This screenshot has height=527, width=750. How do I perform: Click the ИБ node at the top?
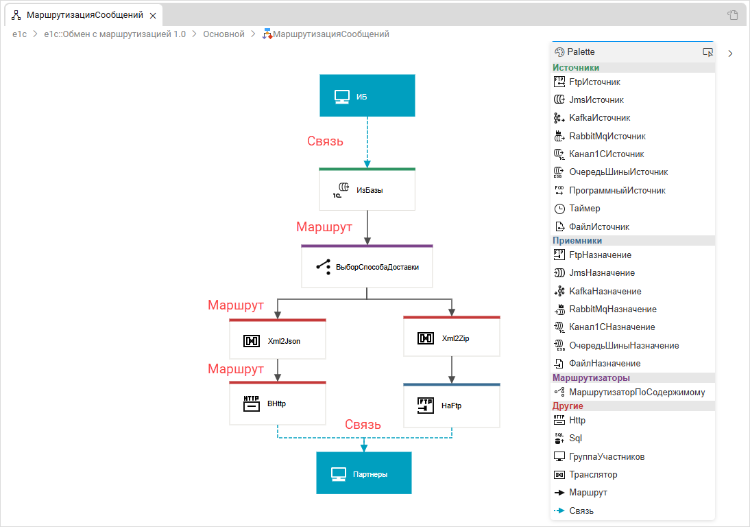367,95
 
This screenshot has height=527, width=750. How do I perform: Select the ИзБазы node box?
367,189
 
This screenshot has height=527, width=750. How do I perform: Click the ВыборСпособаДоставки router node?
367,266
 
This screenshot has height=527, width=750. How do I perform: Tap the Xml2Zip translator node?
451,338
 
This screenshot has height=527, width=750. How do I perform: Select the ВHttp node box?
277,403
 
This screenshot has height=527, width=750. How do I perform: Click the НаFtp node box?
451,406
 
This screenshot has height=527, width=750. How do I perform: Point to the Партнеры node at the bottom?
363,473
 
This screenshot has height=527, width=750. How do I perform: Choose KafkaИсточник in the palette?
599,118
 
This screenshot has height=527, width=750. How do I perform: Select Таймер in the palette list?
584,209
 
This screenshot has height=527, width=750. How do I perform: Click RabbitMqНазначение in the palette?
612,309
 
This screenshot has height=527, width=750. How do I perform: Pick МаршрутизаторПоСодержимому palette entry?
636,393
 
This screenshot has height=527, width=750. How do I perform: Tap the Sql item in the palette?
575,438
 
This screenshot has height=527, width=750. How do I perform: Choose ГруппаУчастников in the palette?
607,457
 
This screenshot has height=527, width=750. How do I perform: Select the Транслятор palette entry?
593,475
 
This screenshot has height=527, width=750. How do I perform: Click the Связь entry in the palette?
581,511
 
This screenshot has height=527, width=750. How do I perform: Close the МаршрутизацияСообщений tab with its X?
152,15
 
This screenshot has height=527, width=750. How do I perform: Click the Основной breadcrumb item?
223,34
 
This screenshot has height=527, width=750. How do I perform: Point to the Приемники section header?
577,241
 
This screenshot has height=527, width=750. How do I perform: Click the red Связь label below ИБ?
325,141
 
